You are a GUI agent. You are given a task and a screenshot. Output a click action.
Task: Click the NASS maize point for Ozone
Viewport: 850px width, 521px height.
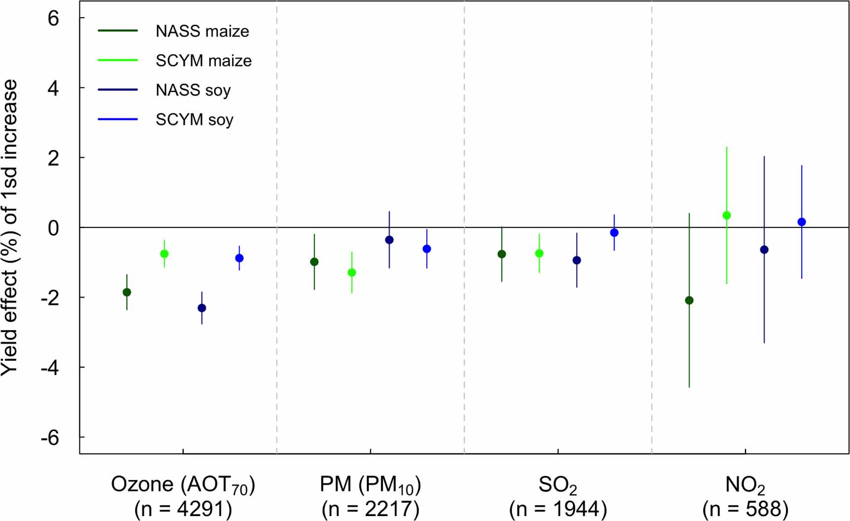tap(127, 292)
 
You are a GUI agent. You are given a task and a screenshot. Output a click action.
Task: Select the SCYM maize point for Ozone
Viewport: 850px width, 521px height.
tap(164, 254)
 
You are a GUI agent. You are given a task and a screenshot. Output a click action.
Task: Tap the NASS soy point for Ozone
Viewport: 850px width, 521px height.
tap(202, 308)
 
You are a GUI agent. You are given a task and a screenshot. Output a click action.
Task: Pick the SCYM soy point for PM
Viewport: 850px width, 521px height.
tap(426, 249)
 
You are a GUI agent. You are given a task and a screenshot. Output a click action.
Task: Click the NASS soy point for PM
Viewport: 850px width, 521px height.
tap(389, 240)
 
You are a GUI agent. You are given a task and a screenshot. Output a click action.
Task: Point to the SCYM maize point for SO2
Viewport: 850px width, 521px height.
tap(539, 253)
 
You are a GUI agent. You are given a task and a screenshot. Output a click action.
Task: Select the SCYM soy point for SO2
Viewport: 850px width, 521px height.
tap(614, 232)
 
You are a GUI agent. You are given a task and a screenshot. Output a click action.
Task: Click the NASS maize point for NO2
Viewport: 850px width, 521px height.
tap(689, 300)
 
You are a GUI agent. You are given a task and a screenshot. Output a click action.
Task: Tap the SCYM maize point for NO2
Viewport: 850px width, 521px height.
tap(726, 215)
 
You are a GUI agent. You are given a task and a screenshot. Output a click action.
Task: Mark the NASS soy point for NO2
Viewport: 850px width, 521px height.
tap(764, 250)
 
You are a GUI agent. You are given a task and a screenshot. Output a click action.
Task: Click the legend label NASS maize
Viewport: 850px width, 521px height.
tap(202, 32)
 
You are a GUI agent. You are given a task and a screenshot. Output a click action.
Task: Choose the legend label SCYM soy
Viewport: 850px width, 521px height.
tap(194, 120)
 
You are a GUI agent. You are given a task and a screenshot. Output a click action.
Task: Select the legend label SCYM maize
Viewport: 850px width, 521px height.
tap(204, 61)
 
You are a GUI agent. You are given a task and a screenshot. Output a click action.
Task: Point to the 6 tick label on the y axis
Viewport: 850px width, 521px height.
tap(53, 18)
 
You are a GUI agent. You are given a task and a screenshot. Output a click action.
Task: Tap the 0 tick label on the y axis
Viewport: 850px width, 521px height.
tap(53, 228)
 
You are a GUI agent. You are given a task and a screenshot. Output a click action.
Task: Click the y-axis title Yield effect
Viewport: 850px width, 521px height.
tap(10, 227)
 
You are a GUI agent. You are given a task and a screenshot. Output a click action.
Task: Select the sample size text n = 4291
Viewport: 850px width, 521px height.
tap(183, 509)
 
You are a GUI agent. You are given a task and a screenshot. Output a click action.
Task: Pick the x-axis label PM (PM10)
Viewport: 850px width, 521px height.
tap(370, 485)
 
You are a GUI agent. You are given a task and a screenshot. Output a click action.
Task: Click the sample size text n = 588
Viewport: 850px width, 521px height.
tap(745, 509)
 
